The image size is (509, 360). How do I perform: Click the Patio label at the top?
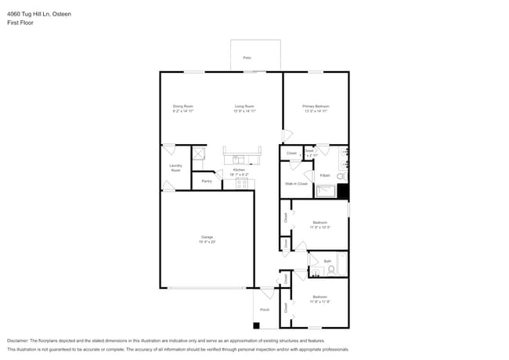pos(247,58)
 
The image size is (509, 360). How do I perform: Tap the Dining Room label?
pos(182,109)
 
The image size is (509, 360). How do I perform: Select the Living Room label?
pos(244,109)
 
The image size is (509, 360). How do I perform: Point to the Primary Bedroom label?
pos(316,109)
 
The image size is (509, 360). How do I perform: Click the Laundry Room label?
pos(175,167)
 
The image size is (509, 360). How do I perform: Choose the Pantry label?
pos(206,181)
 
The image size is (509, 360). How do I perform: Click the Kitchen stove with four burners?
pos(242,184)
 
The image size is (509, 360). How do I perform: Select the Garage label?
pos(207,239)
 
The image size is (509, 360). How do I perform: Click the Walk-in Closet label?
pos(295,183)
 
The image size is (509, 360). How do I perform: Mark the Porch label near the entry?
pos(264,309)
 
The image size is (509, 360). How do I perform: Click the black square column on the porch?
pos(256,325)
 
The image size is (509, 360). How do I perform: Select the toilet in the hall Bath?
pos(331,271)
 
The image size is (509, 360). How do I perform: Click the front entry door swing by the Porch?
pos(267,293)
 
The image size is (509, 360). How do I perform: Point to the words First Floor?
pos(20,23)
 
